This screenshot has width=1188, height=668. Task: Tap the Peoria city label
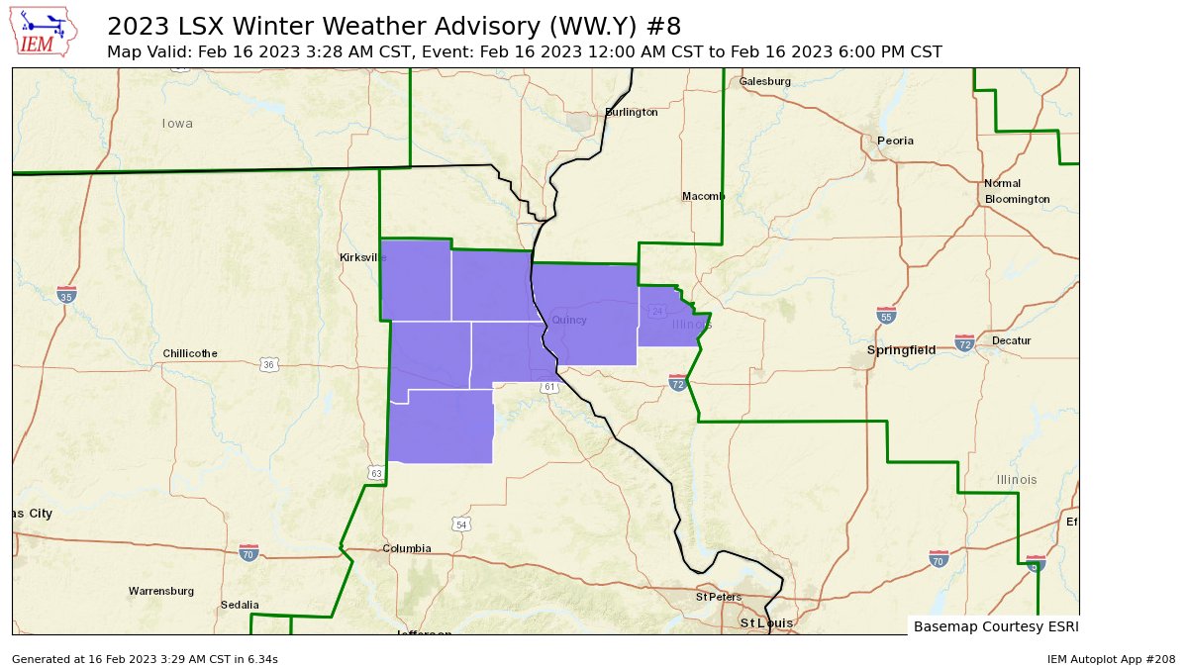pos(895,142)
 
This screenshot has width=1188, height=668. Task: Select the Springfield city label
pos(901,350)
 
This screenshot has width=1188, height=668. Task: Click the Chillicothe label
pos(190,353)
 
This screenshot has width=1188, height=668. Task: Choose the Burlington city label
pos(631,113)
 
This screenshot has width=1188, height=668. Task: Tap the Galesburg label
pos(765,81)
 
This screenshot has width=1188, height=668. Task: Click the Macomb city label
pos(704,196)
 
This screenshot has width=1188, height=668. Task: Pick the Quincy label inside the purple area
pos(568,320)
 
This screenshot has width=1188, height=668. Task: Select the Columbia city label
pos(407,548)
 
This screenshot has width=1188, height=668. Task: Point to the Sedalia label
pos(240,605)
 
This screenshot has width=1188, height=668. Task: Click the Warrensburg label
pos(160,591)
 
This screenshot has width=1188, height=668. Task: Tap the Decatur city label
pos(1011,340)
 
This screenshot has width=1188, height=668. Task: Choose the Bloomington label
pos(1017,199)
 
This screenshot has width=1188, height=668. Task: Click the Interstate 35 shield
pos(66,295)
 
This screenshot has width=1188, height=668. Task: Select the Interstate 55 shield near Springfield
pos(886,315)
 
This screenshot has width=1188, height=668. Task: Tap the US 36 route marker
pos(269,365)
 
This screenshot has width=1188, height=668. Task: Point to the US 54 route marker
pos(460,524)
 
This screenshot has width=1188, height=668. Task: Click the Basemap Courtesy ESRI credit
pos(995,626)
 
